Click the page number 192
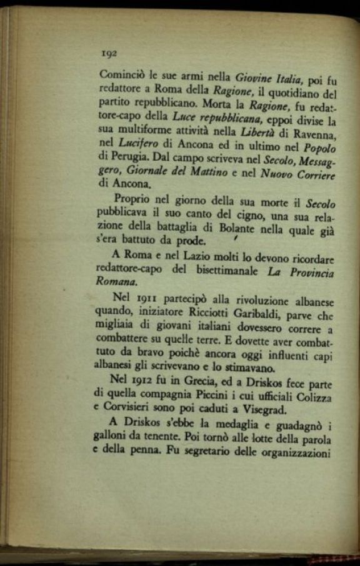109,54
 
